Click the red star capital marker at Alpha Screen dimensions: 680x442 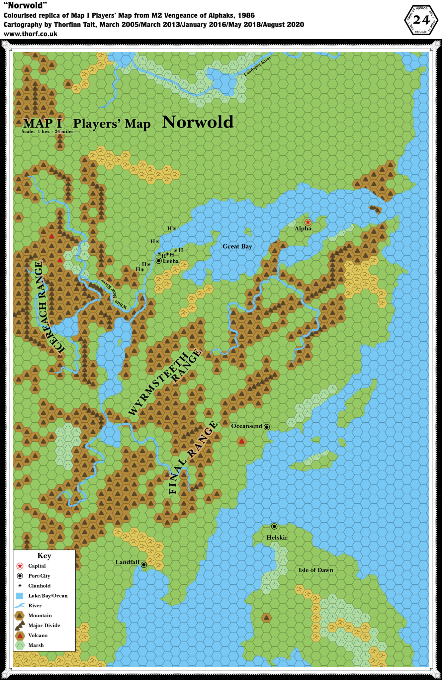(x=308, y=222)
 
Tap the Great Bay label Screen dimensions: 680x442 (x=237, y=246)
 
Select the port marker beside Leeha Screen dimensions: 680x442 (x=159, y=261)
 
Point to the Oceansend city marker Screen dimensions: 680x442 (x=267, y=427)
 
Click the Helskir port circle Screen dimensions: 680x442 (x=274, y=526)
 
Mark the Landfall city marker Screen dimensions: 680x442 (x=144, y=564)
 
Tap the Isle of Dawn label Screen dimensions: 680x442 (x=315, y=570)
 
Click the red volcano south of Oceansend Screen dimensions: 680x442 (x=242, y=442)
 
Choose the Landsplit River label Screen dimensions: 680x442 (x=258, y=66)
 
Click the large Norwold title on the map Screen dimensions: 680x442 (x=198, y=122)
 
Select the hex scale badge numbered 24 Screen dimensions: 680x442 (x=421, y=20)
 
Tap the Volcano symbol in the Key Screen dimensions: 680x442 (x=20, y=636)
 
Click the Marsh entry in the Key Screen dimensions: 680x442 (x=36, y=645)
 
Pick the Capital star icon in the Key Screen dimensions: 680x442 (x=20, y=566)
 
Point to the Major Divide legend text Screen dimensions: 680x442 (x=44, y=625)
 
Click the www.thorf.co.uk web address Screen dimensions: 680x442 (x=31, y=34)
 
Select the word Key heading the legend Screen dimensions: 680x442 (x=44, y=555)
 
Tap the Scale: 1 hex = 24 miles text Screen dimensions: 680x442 (x=47, y=131)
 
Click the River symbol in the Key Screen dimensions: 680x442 (x=20, y=606)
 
